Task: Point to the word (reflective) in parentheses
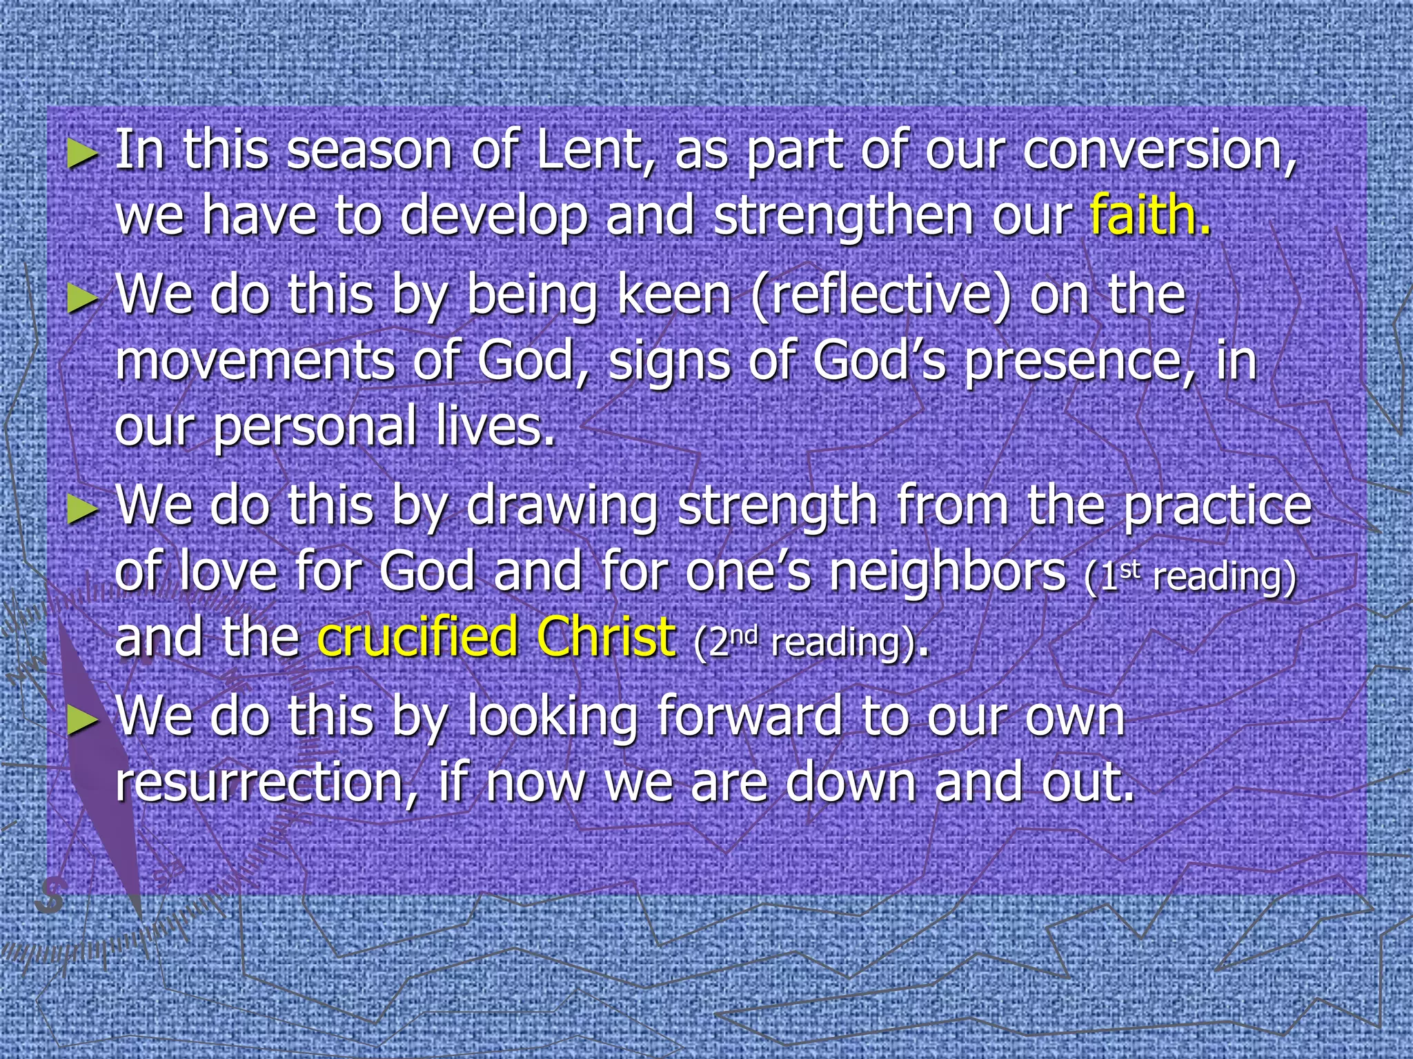[881, 296]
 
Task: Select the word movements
[255, 361]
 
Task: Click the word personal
[314, 427]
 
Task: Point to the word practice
[1217, 507]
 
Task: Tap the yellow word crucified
[417, 637]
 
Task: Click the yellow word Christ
[606, 637]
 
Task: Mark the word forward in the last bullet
[749, 717]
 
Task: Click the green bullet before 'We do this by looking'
[83, 720]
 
